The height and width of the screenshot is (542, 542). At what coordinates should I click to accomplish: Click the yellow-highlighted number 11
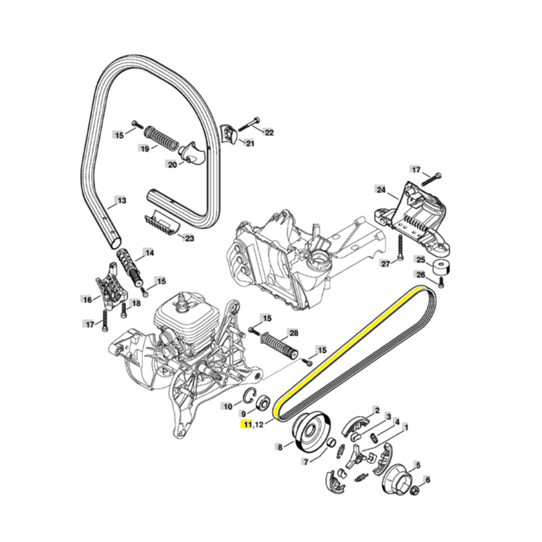(247, 424)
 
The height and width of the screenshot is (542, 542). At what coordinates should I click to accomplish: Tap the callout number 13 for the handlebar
(122, 201)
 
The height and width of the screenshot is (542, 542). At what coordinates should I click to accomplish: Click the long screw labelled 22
(249, 125)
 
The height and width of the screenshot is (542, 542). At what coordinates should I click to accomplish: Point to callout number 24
(381, 190)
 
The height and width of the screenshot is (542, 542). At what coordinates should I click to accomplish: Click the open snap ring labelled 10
(249, 396)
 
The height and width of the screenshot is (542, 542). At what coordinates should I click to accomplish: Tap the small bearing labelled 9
(264, 403)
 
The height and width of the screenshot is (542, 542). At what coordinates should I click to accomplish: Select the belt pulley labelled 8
(311, 432)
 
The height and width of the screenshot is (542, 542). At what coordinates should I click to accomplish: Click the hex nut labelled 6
(416, 490)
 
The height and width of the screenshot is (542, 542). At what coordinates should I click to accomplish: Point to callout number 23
(190, 238)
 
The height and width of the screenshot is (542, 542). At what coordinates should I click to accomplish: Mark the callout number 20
(172, 165)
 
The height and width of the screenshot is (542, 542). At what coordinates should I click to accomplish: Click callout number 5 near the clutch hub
(418, 465)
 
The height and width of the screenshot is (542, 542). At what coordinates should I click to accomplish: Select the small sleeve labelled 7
(331, 442)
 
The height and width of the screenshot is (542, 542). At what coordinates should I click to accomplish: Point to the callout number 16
(87, 299)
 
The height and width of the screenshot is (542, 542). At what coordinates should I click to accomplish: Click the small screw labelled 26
(441, 283)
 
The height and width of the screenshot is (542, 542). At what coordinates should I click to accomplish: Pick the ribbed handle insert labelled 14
(130, 267)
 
